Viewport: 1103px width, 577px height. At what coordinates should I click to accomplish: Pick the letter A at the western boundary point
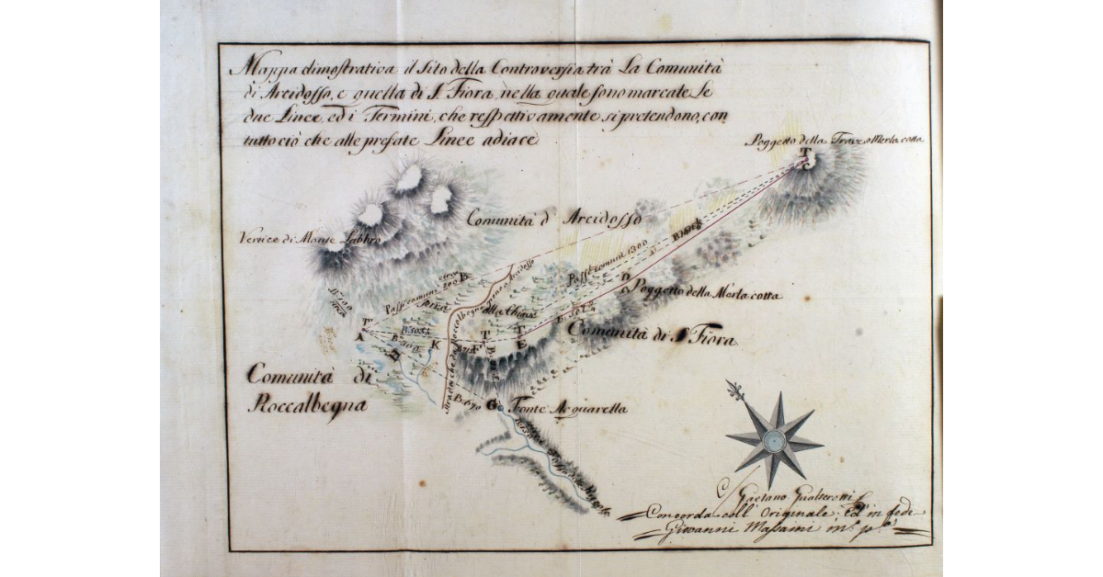pyautogui.click(x=358, y=336)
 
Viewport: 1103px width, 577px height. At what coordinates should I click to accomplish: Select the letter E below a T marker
pyautogui.click(x=524, y=342)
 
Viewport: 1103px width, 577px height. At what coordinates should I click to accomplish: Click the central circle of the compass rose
pyautogui.click(x=774, y=442)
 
